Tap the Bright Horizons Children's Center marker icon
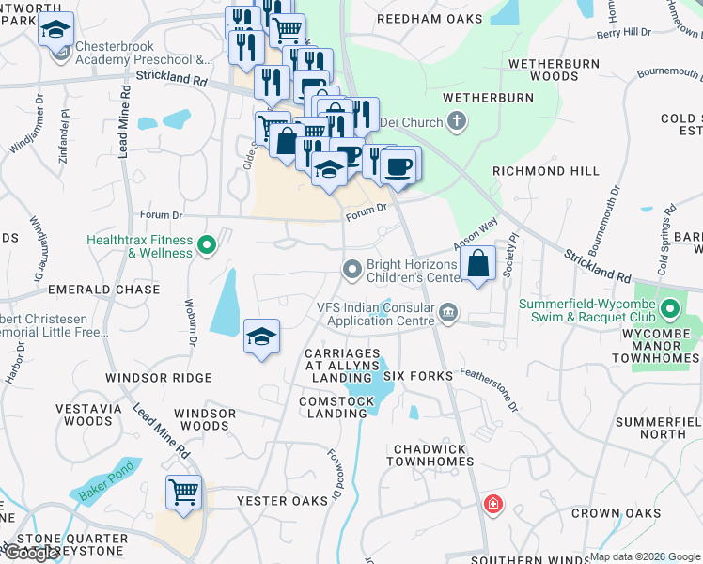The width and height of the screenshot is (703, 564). [352, 271]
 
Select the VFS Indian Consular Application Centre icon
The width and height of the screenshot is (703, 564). [448, 312]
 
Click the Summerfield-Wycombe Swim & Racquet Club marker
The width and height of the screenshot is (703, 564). [669, 308]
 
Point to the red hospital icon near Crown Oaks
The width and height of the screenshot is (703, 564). [492, 506]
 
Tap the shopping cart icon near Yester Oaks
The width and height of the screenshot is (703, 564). [183, 491]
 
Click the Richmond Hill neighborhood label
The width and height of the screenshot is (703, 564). [545, 172]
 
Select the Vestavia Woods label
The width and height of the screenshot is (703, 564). [84, 415]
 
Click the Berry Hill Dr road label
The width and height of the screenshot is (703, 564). [624, 33]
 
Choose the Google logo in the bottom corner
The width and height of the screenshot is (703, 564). [31, 553]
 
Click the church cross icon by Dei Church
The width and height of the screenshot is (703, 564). [457, 120]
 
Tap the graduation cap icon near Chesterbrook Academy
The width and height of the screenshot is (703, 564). [55, 29]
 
